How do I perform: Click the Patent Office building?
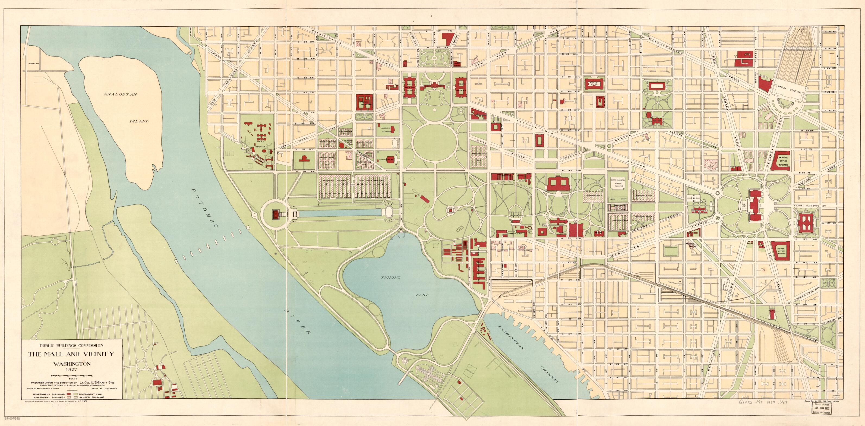[595, 84]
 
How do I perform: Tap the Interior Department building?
[365, 102]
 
